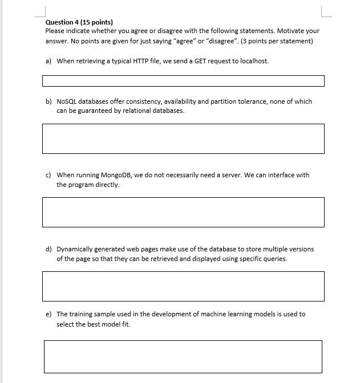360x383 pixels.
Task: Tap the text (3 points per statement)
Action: [277, 41]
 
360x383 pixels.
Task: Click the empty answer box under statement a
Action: [183, 81]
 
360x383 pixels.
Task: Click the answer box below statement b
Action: [183, 138]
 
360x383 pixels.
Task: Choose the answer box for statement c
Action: [183, 212]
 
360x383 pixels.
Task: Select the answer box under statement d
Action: [183, 286]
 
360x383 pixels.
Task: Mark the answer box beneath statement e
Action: [183, 356]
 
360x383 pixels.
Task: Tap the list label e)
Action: [48, 314]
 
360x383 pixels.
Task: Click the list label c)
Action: [48, 175]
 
